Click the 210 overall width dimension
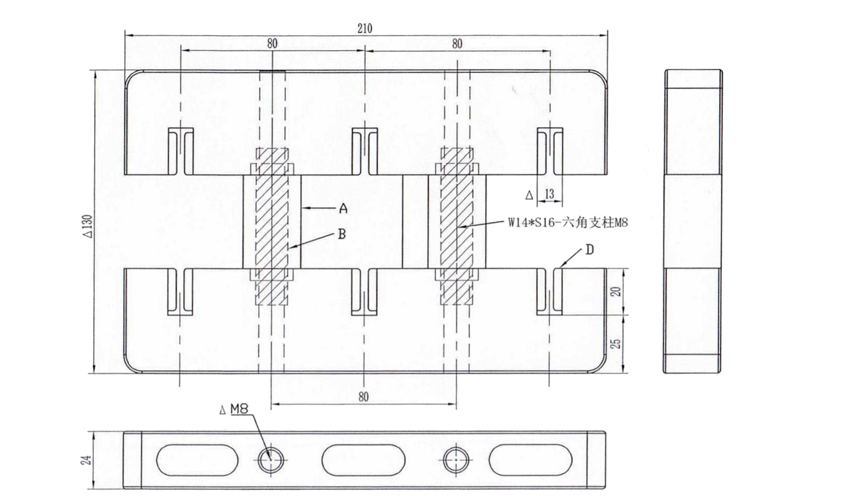point(365,28)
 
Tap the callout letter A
point(343,209)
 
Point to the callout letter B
point(341,234)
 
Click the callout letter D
point(589,249)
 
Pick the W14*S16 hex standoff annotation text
point(568,223)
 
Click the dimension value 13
point(549,194)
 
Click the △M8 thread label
point(233,409)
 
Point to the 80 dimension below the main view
point(363,397)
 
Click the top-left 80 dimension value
point(272,43)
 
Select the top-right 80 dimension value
point(457,44)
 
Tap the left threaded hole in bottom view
point(271,460)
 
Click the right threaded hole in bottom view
point(456,460)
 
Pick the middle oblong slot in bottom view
point(363,460)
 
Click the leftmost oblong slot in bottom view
point(197,460)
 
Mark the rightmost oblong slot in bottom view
point(531,460)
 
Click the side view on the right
point(692,221)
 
